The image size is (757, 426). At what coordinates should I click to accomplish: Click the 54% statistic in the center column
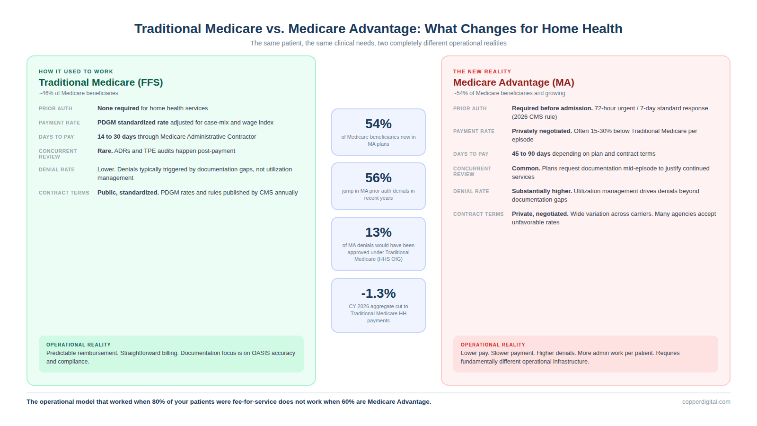point(378,124)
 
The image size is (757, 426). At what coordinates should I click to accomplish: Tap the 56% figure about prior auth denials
point(378,178)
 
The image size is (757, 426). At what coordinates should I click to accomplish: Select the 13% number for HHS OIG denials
point(378,232)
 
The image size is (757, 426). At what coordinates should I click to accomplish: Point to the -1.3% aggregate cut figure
point(378,293)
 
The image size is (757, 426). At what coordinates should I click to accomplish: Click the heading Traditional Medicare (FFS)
point(101,82)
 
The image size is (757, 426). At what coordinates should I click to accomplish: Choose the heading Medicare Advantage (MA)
point(513,82)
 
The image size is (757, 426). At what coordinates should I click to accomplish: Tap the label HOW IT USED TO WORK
point(76,71)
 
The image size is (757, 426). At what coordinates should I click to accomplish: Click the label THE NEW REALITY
point(482,71)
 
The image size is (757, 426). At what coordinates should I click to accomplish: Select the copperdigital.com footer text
point(706,402)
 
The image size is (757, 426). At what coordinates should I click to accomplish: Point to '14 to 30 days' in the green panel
point(116,137)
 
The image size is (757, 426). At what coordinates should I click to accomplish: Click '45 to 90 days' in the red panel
point(531,154)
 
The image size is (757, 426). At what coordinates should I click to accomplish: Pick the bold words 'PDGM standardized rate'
point(133,123)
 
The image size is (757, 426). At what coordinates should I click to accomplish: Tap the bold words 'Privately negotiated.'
point(542,131)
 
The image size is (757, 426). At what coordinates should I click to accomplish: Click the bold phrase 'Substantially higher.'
point(542,191)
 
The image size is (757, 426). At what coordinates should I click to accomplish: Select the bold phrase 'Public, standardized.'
point(128,193)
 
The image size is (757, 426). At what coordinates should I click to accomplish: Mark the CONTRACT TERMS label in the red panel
point(478,214)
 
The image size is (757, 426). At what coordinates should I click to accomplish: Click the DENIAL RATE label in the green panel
point(57,169)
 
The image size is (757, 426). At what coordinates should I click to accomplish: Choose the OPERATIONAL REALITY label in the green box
point(79,345)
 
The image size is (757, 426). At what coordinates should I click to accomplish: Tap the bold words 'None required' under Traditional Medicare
point(118,108)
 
